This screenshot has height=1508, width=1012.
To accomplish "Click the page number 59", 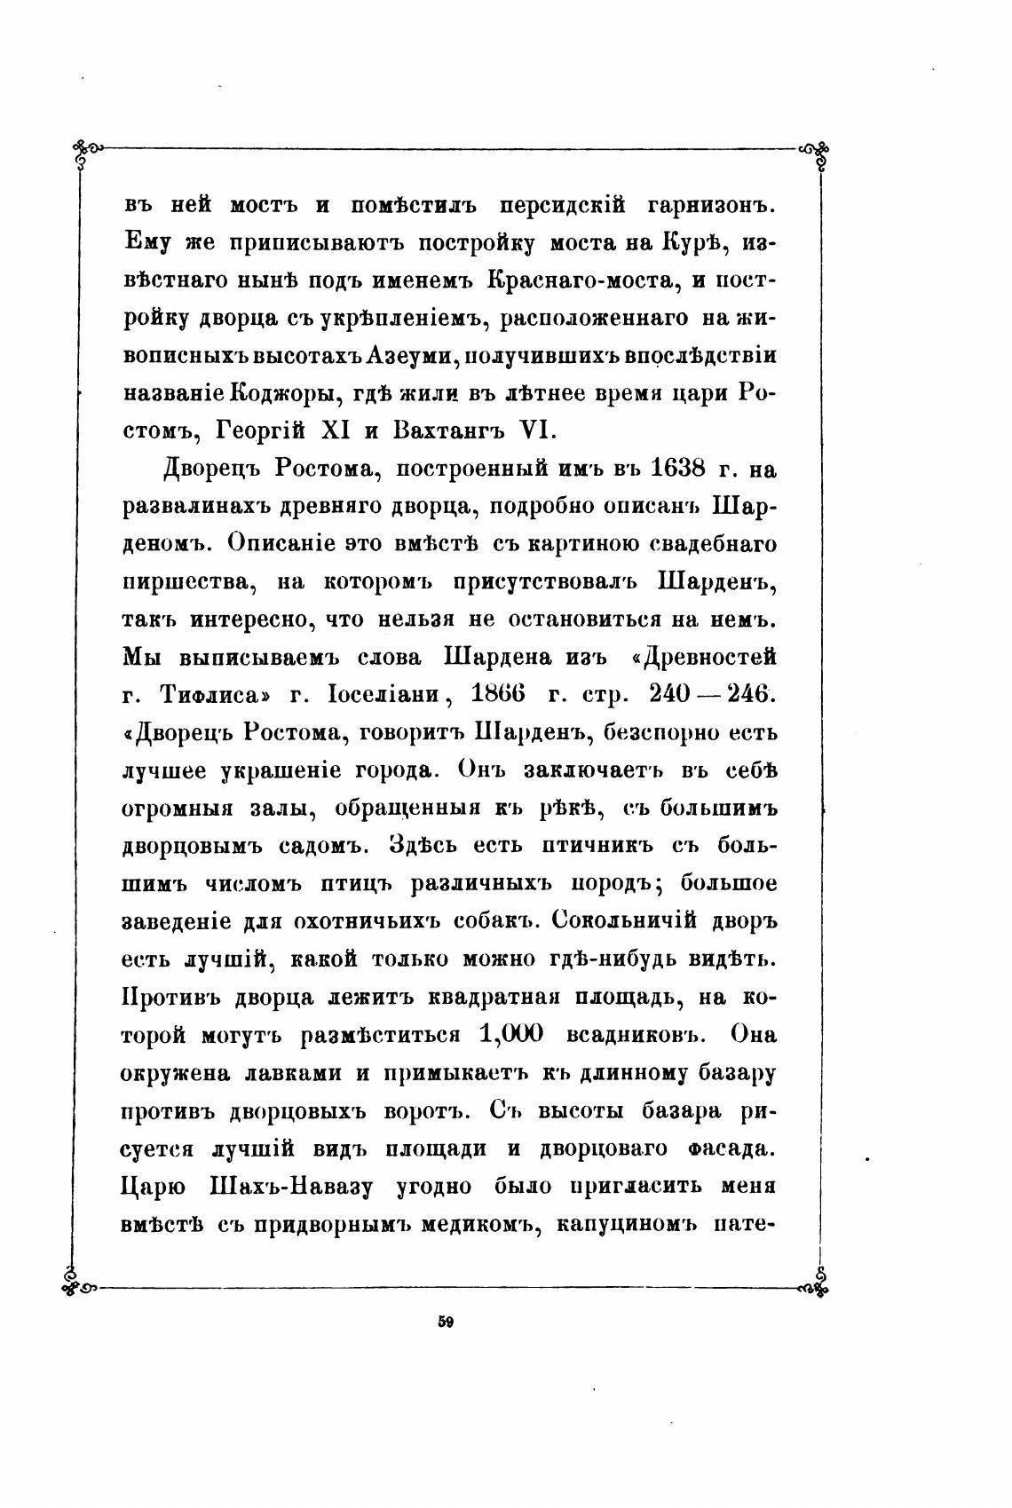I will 446,1321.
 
